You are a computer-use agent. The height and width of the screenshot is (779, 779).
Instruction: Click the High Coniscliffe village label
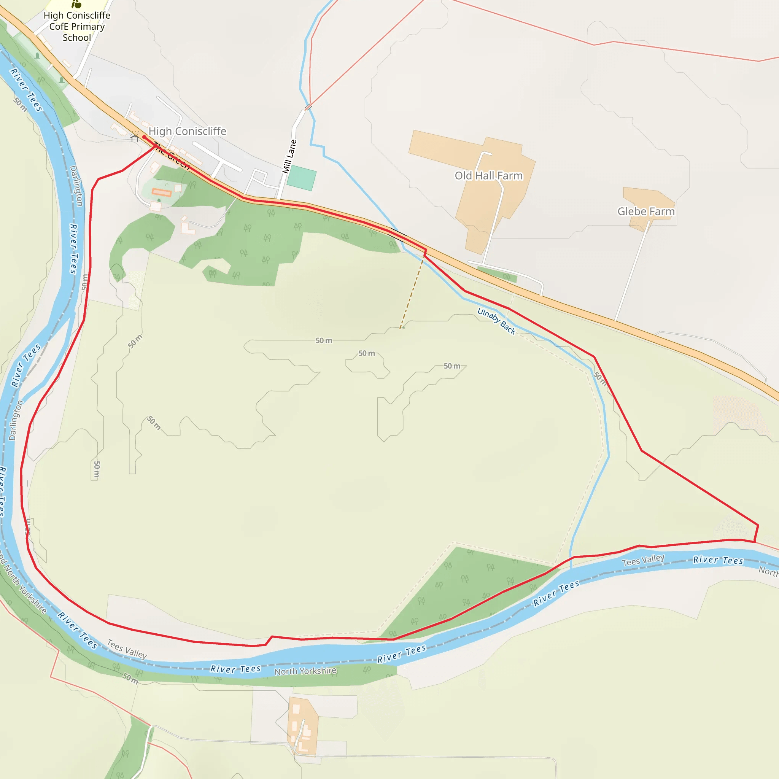(x=188, y=131)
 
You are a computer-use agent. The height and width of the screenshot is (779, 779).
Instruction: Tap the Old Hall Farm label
(x=489, y=176)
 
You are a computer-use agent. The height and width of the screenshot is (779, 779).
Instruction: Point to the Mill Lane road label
(x=289, y=156)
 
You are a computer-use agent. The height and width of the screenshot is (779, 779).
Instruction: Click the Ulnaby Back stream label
(x=496, y=321)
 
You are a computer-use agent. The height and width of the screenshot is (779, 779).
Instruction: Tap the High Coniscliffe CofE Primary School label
(x=76, y=27)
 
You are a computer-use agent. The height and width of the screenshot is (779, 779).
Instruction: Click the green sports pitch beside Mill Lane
(x=302, y=178)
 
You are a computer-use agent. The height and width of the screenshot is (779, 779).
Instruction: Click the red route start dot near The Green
(x=144, y=137)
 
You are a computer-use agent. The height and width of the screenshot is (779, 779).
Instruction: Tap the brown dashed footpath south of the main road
(x=412, y=294)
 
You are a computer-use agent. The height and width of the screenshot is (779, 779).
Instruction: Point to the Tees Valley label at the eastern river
(x=643, y=560)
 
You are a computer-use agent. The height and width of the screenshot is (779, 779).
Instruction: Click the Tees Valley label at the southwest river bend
(x=127, y=649)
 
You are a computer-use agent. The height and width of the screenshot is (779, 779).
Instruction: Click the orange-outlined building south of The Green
(x=162, y=192)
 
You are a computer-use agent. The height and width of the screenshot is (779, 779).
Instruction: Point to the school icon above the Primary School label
(x=76, y=4)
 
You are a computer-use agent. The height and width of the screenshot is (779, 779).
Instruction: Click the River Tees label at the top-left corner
(x=26, y=90)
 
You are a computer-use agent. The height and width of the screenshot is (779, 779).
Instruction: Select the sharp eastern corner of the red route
(x=758, y=525)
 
